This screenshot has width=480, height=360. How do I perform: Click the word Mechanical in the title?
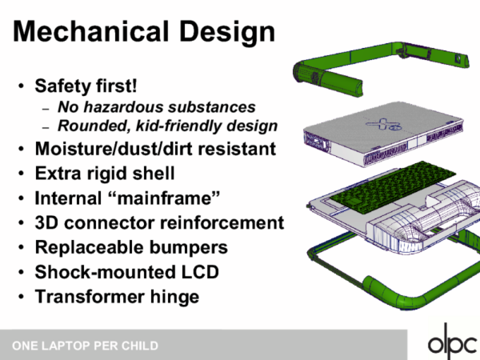pyautogui.click(x=91, y=31)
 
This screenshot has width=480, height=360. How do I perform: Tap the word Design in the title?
pyautogui.click(x=227, y=33)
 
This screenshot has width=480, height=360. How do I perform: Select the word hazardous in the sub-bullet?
pyautogui.click(x=124, y=107)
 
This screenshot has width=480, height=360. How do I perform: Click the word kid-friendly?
pyautogui.click(x=179, y=126)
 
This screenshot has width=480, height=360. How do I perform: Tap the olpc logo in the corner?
pyautogui.click(x=452, y=342)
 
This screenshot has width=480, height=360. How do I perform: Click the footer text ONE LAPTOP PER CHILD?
pyautogui.click(x=85, y=346)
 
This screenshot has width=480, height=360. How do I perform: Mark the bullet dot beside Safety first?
pyautogui.click(x=21, y=86)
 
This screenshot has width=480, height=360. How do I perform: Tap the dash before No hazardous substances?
pyautogui.click(x=46, y=109)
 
